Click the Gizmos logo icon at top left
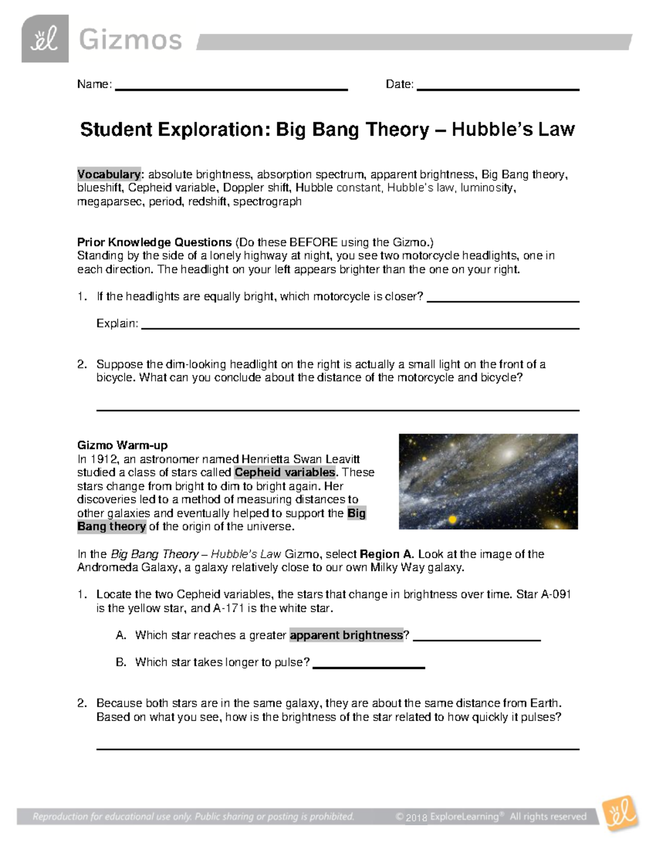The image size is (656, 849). tap(45, 39)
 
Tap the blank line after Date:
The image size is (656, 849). tap(497, 89)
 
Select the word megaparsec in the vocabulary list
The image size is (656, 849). tap(108, 201)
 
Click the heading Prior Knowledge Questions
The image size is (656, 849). tap(155, 242)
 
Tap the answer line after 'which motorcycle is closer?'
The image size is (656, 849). tap(502, 301)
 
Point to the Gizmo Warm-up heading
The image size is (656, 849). tap(122, 445)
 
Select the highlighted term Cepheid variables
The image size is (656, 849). tap(285, 472)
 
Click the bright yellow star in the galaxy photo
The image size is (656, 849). tap(452, 519)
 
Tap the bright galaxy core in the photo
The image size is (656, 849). tap(509, 453)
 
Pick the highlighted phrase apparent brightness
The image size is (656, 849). tap(347, 635)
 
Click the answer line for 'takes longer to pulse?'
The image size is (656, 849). tap(368, 667)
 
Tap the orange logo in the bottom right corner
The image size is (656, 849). tap(619, 815)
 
